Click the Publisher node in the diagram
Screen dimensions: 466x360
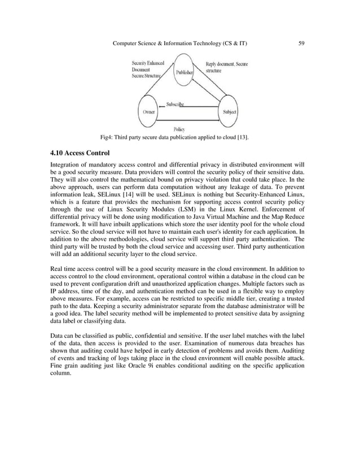184,72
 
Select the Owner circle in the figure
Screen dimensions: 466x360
149,112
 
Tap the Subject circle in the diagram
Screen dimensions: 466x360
230,112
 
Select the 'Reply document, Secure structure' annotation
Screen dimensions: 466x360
226,68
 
